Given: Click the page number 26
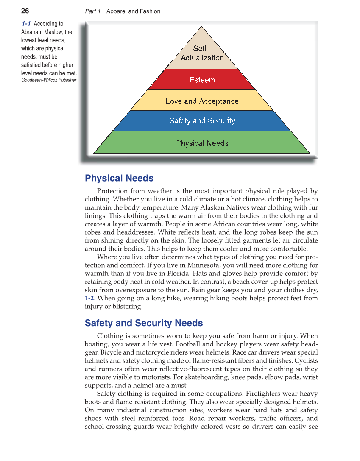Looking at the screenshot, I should (x=25, y=11).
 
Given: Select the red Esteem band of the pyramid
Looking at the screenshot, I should (x=202, y=80).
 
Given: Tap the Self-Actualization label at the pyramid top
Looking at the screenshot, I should (x=202, y=53).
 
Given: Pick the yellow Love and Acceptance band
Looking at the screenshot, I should (x=202, y=101).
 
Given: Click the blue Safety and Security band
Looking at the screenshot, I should (x=202, y=121).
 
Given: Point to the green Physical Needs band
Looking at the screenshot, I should (x=202, y=143).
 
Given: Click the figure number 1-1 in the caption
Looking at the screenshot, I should (x=26, y=24).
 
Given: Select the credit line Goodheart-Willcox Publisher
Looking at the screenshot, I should (x=49, y=80).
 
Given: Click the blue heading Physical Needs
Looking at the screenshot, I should (x=119, y=178).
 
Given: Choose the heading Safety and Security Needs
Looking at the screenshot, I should (x=144, y=323).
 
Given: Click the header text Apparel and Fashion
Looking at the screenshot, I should (x=133, y=11).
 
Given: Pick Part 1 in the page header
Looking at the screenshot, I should (x=93, y=11).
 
